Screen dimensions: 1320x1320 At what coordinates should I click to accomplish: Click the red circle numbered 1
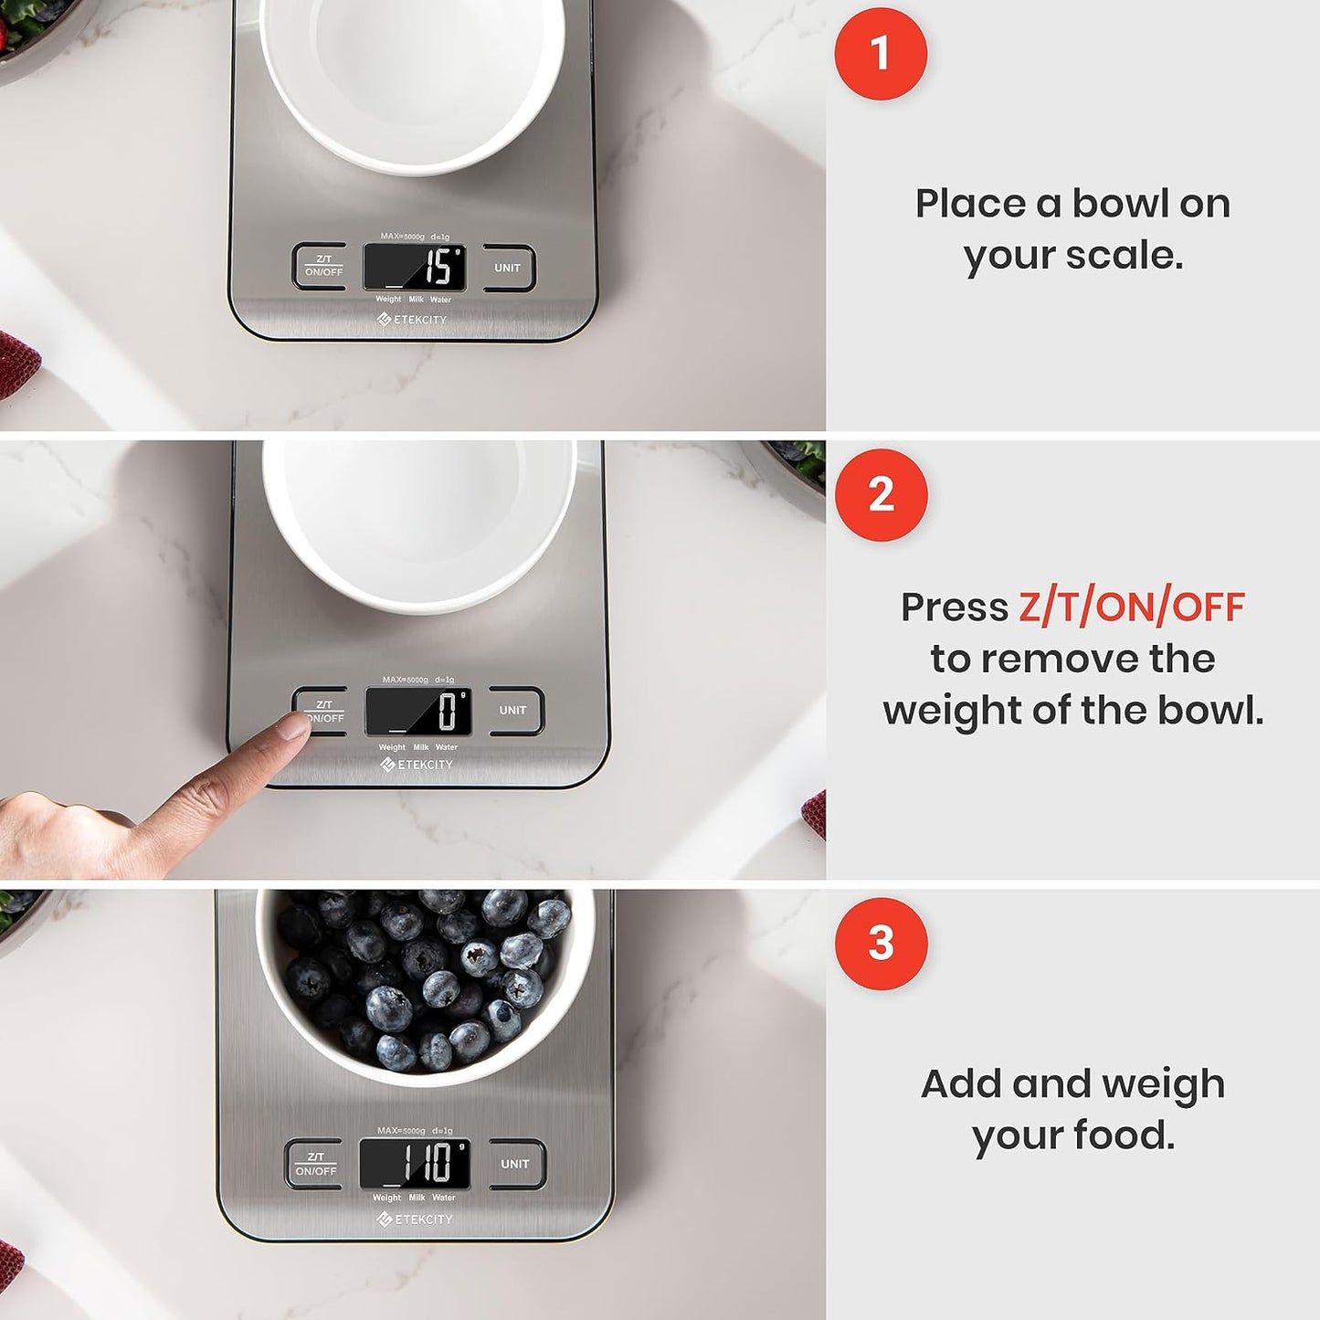881,53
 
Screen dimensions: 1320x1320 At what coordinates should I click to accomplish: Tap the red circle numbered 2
881,494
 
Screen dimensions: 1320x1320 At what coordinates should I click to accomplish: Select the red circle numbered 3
881,943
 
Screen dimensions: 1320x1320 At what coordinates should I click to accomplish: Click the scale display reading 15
415,267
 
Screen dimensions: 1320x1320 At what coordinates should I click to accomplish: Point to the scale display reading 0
418,712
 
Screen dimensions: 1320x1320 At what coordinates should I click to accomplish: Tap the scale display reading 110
415,1163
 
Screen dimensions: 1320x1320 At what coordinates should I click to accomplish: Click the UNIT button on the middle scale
513,711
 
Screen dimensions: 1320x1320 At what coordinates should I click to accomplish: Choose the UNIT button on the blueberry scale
516,1164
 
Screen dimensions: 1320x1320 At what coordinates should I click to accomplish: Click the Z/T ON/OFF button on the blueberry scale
315,1164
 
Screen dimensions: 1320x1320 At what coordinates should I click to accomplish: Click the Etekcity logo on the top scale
412,320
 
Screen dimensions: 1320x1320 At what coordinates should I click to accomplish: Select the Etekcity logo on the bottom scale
415,1220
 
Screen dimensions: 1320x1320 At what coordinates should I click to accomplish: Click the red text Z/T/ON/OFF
1131,607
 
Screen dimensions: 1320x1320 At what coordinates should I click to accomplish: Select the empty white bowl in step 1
413,78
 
